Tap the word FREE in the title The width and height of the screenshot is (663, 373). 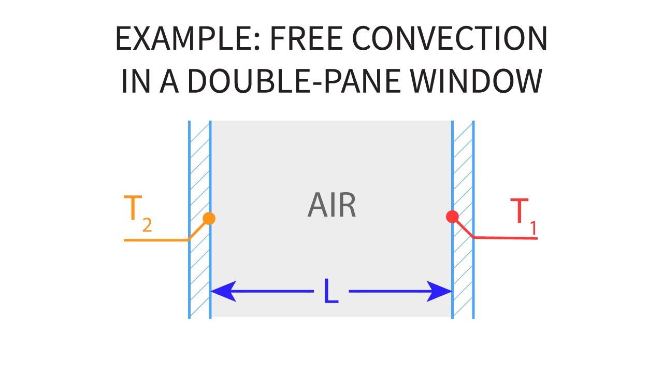coord(307,38)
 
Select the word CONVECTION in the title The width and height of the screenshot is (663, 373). coord(450,38)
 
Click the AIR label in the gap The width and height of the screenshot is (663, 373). coord(332,205)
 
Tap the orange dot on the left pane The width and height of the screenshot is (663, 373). coord(209,219)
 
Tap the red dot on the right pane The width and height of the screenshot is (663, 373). coord(452,217)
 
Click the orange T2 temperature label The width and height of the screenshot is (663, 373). coord(138,213)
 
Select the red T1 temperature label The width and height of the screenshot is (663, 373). coord(524,217)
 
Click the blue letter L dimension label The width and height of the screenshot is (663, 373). coord(331,291)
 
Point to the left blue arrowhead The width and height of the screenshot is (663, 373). coord(223,291)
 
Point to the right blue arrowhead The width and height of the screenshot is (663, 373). coord(439,291)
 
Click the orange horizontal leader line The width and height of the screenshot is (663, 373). coord(156,240)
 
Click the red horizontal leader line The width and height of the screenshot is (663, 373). coord(505,238)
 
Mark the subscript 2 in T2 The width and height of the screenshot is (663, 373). coord(147,225)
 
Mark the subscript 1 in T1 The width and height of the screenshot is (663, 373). coord(534,228)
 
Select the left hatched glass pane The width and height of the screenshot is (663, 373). coord(200,220)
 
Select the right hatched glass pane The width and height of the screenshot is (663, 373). coord(463,220)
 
